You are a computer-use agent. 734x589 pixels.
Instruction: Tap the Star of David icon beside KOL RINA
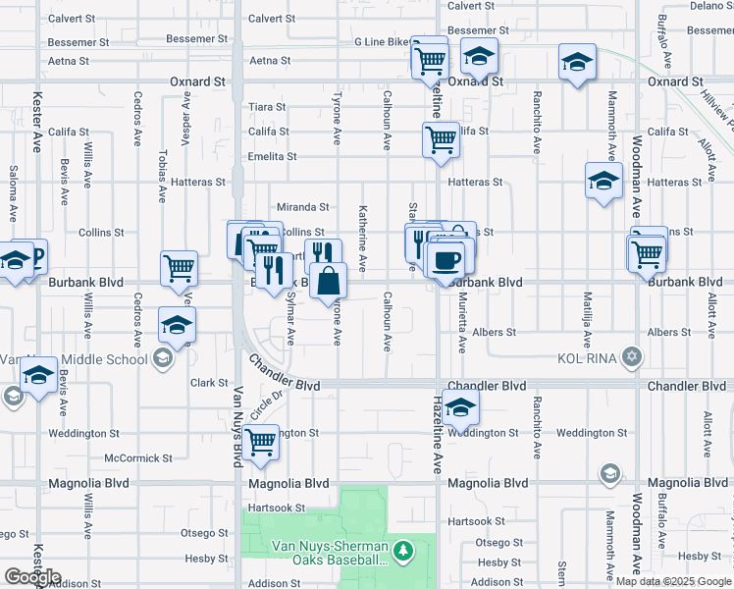click(x=633, y=357)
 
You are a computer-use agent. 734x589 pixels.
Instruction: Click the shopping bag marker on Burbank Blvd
click(x=328, y=282)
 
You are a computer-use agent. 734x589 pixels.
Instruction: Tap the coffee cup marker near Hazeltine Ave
click(x=446, y=261)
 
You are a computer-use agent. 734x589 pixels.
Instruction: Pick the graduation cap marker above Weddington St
click(x=459, y=406)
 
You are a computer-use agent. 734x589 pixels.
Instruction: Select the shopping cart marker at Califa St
click(x=441, y=139)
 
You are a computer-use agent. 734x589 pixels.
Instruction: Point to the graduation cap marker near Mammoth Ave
click(x=603, y=181)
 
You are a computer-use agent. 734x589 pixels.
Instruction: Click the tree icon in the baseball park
click(x=402, y=552)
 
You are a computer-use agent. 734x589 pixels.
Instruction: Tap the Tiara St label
click(x=267, y=106)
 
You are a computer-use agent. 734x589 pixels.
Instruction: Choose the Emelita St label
click(x=272, y=157)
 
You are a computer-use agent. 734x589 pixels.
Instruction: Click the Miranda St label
click(x=303, y=207)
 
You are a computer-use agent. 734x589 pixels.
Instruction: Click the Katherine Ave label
click(x=363, y=239)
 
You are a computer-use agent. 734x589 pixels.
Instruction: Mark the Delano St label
click(x=710, y=6)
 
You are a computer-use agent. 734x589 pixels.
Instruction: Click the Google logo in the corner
click(x=32, y=577)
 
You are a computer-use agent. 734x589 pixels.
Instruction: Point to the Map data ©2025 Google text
click(x=673, y=581)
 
